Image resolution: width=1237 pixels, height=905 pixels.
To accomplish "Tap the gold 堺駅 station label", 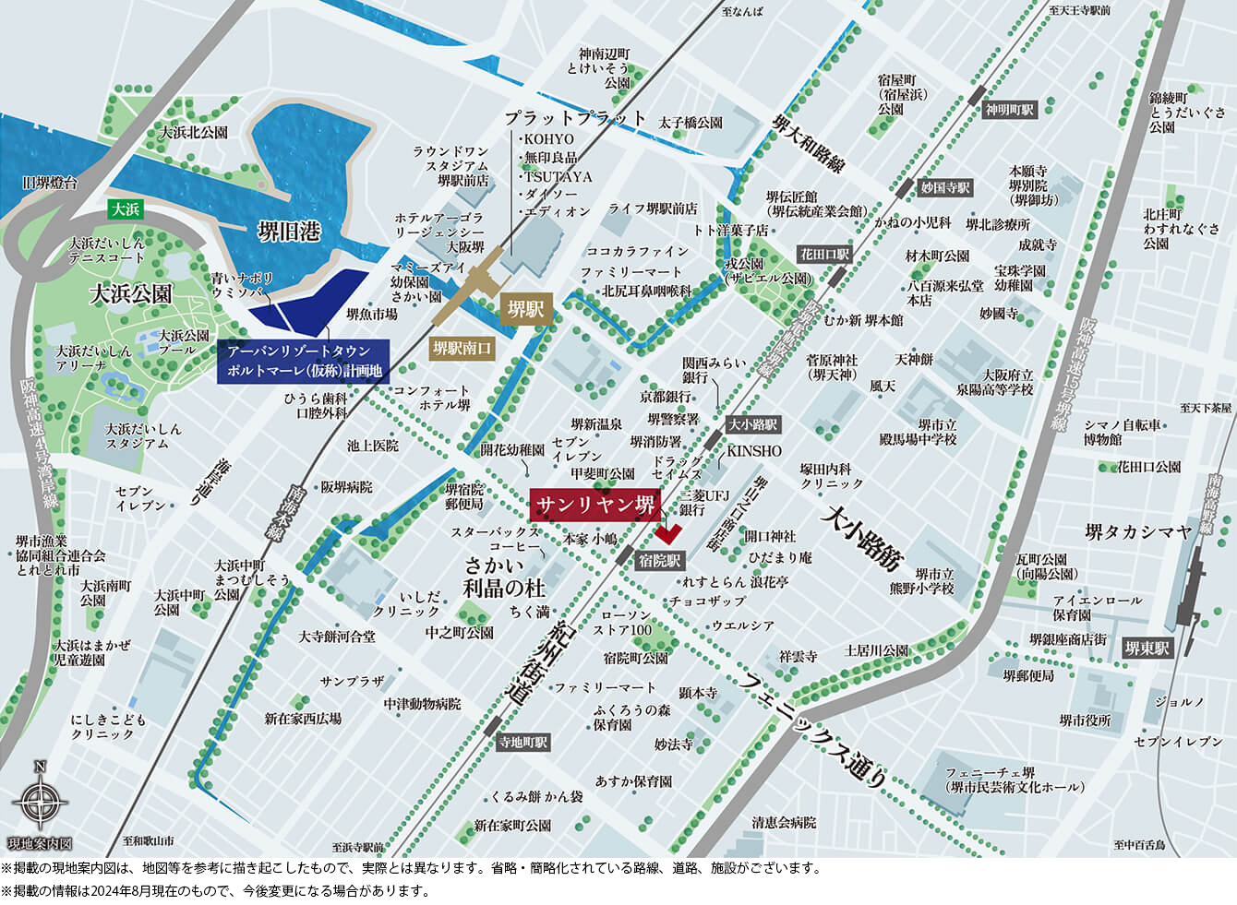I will [524, 310].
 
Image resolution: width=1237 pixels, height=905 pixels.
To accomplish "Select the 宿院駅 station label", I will [659, 560].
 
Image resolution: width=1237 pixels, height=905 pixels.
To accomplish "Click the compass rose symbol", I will [40, 800].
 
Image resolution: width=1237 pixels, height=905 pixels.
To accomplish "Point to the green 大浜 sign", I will [125, 209].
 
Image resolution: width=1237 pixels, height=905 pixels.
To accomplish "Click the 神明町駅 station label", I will [1009, 110].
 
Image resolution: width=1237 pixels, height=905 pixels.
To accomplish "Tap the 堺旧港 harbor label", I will [289, 231].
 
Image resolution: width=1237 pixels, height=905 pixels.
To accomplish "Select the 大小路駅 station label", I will [752, 425].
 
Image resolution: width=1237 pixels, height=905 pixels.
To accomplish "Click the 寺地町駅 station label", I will [522, 742].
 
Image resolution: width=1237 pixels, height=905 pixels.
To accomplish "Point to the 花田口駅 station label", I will [824, 254].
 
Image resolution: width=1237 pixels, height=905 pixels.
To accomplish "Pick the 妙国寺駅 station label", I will [945, 187].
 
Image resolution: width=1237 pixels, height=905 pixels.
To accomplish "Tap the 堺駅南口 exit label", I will [462, 349].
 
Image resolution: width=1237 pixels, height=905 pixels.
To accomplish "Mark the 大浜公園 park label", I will [130, 294].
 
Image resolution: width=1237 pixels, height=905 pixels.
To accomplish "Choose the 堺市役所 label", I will [1085, 720].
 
